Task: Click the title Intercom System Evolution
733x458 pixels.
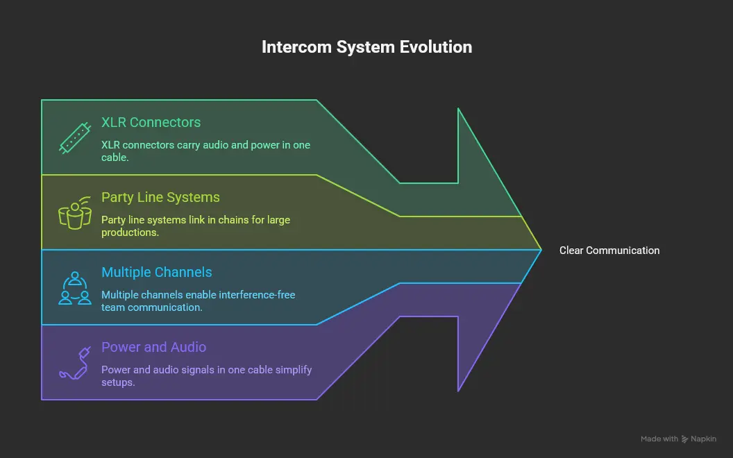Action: (x=366, y=47)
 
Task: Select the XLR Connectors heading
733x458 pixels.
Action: (x=151, y=123)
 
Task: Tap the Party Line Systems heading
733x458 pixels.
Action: (x=160, y=198)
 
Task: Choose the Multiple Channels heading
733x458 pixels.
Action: (x=157, y=273)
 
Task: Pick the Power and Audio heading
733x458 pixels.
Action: (x=153, y=348)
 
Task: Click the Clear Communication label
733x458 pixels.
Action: (x=609, y=251)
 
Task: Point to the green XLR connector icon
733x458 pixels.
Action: (x=74, y=137)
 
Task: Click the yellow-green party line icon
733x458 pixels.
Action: (x=74, y=212)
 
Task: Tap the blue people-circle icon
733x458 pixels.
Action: (x=74, y=287)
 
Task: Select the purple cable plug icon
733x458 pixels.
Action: (x=74, y=362)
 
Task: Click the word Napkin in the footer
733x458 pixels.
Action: (x=704, y=439)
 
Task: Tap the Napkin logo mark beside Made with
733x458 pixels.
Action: (x=685, y=439)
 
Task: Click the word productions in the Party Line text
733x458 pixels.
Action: (x=129, y=232)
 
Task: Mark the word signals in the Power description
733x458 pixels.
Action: (x=196, y=370)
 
